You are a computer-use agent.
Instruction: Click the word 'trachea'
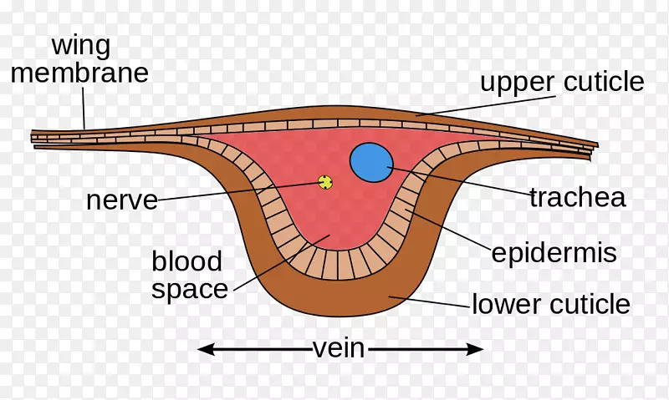point(578,198)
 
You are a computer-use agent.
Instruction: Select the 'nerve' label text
point(122,200)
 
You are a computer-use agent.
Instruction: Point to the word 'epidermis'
point(554,253)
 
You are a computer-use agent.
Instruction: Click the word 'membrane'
point(79,73)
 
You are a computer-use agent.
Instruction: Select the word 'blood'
point(187,261)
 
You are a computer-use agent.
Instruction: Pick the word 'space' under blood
point(190,290)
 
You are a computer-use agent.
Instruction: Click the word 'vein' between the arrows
point(339,347)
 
